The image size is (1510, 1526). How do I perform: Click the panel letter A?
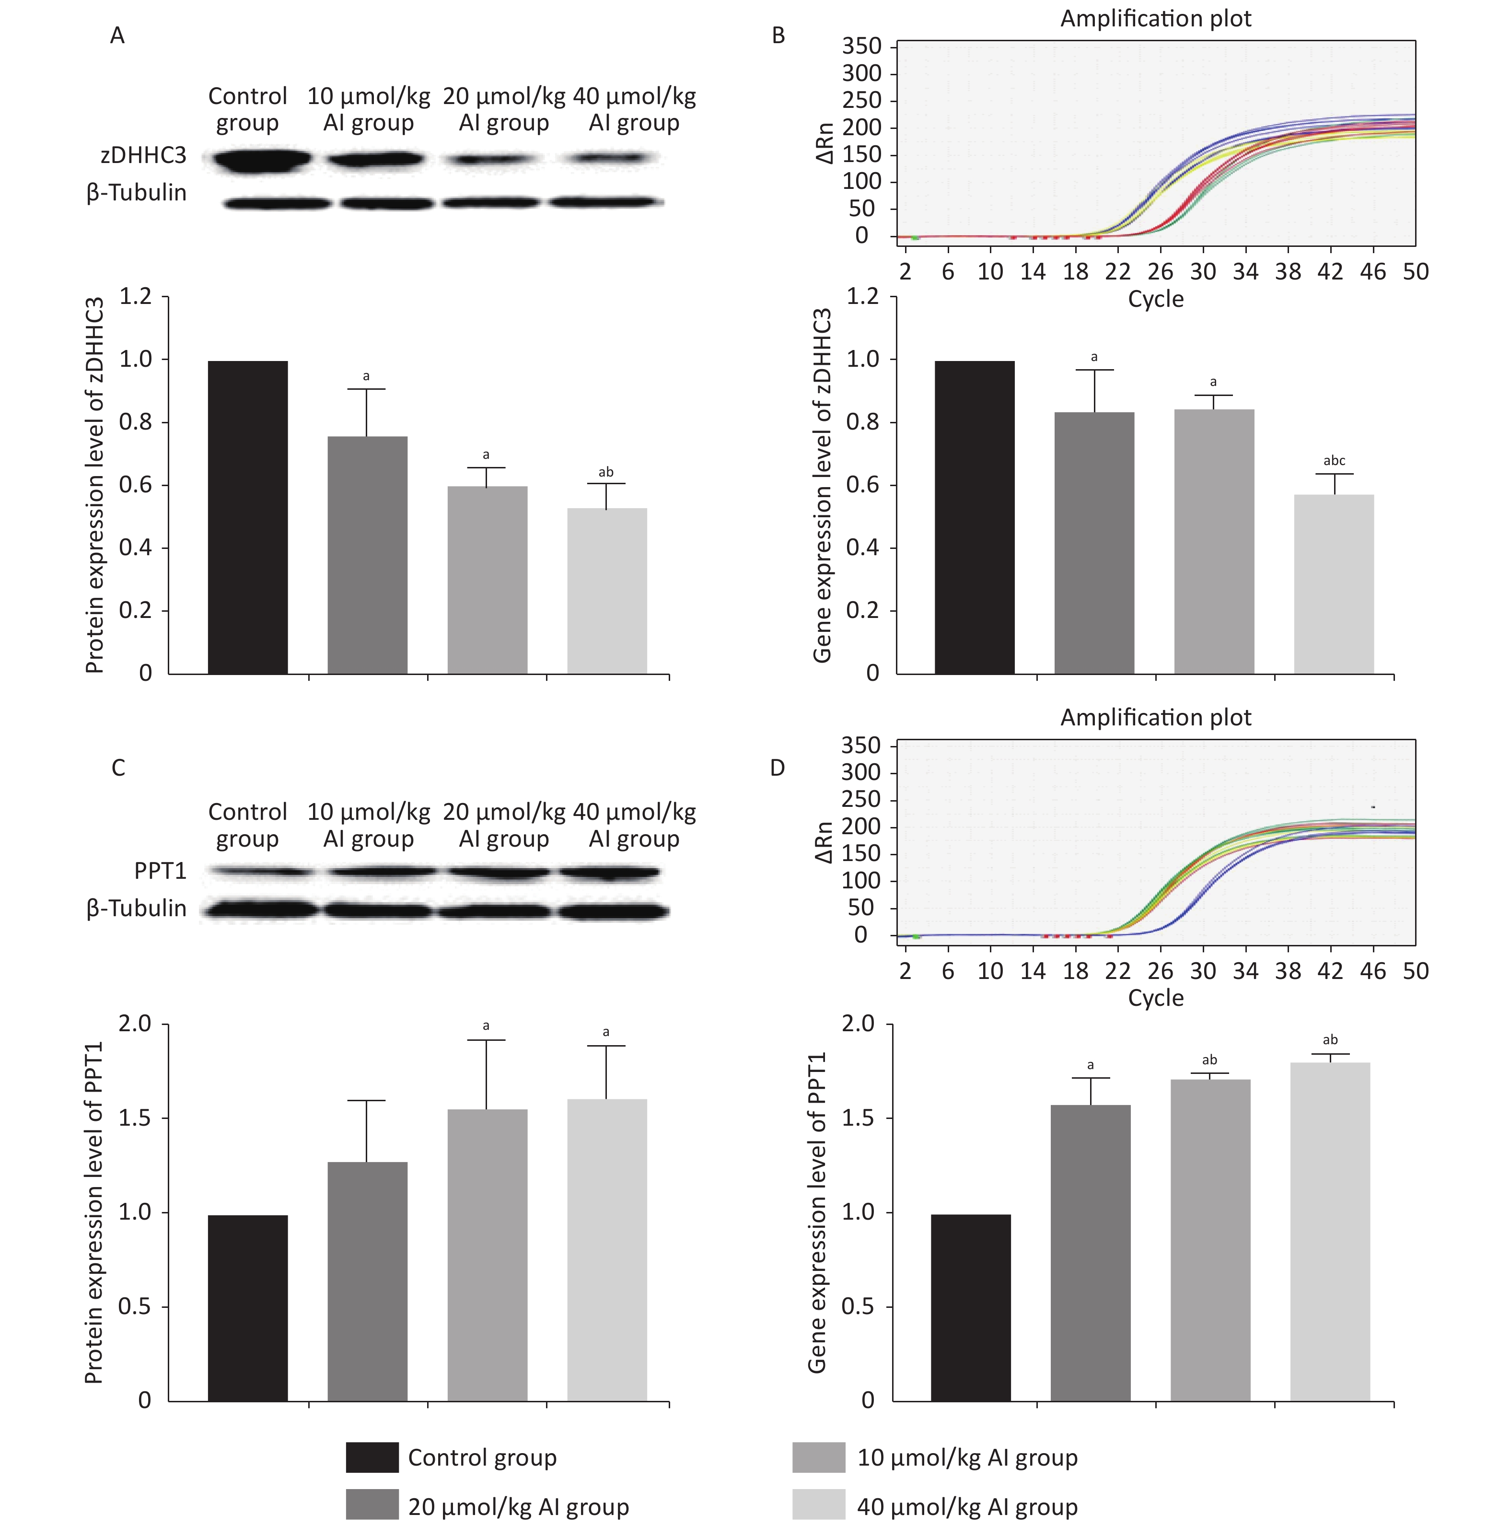117,35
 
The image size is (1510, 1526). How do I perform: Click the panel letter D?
777,768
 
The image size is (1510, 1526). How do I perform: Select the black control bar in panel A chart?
247,517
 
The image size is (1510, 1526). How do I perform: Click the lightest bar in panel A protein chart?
606,591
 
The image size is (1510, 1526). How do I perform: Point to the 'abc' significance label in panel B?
1334,461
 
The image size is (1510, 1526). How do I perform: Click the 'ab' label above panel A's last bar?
606,472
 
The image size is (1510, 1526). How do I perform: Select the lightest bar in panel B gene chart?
1334,584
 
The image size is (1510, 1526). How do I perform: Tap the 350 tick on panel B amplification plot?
861,46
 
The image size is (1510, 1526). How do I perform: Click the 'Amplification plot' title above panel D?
1155,717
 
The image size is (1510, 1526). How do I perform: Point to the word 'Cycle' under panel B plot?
1155,299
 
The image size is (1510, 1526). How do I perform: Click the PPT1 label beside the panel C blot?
160,871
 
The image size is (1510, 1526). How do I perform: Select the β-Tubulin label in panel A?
137,193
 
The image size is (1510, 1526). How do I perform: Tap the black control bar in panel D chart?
971,1308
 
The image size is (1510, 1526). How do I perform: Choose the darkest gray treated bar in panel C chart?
367,1281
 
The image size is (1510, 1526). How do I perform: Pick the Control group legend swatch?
372,1457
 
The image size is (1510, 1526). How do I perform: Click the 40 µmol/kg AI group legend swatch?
818,1506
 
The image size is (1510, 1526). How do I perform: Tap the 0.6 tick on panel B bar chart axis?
862,485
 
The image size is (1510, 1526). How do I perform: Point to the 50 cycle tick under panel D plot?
1415,971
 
